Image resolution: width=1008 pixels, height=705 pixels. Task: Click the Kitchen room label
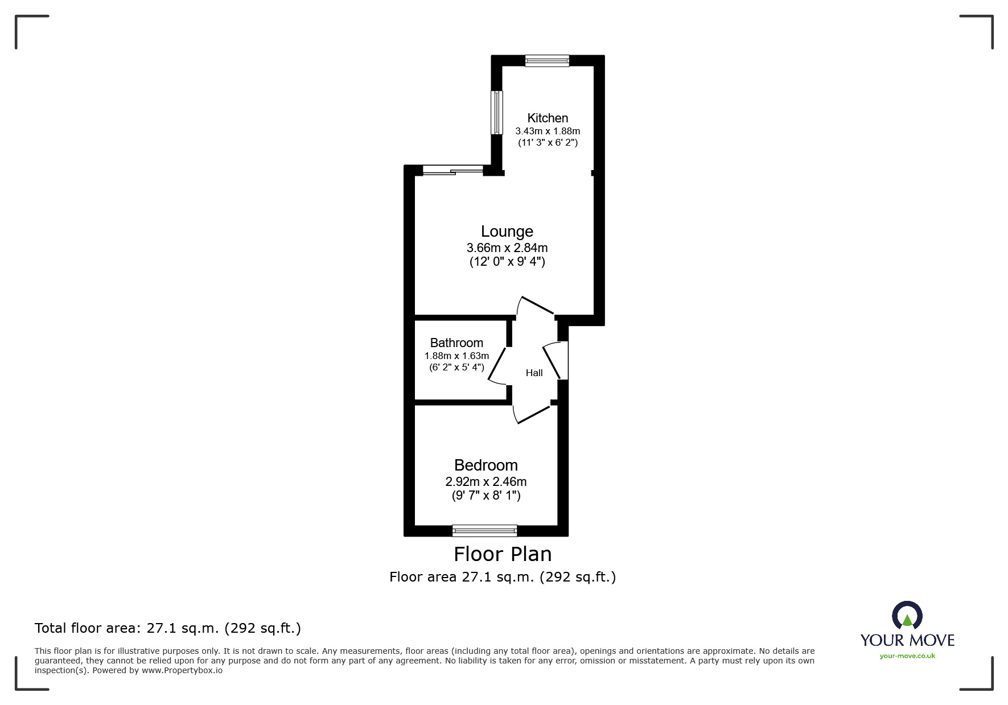pyautogui.click(x=548, y=118)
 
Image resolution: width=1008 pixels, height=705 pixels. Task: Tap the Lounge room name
pyautogui.click(x=507, y=232)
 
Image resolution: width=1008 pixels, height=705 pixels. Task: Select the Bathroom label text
pyautogui.click(x=456, y=343)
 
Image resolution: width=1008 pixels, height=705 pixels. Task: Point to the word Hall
pyautogui.click(x=534, y=373)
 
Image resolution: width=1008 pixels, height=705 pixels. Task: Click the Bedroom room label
pyautogui.click(x=486, y=465)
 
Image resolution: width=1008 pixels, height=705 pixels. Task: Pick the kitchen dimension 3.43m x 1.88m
pyautogui.click(x=548, y=131)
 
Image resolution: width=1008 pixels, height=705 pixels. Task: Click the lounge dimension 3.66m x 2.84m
pyautogui.click(x=507, y=248)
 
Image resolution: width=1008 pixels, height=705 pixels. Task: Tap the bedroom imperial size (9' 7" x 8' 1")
pyautogui.click(x=486, y=496)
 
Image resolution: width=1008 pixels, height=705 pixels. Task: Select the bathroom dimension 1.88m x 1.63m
pyautogui.click(x=456, y=356)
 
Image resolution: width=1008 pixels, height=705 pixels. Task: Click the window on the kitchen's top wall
pyautogui.click(x=547, y=60)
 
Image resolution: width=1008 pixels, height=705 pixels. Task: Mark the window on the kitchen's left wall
pyautogui.click(x=497, y=112)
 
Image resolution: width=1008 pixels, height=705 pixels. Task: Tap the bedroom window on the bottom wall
pyautogui.click(x=484, y=531)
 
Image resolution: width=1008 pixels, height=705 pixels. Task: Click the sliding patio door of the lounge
pyautogui.click(x=453, y=170)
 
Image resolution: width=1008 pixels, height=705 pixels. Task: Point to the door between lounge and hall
pyautogui.click(x=536, y=306)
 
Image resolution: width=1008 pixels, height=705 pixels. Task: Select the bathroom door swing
pyautogui.click(x=497, y=365)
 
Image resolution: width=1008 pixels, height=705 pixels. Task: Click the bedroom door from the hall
pyautogui.click(x=532, y=414)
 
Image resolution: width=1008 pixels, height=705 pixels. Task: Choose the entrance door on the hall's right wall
pyautogui.click(x=555, y=361)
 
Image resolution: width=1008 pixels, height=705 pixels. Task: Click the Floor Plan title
pyautogui.click(x=503, y=554)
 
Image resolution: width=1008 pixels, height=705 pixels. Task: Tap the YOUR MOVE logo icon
pyautogui.click(x=906, y=616)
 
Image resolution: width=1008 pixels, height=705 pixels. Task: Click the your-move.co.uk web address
pyautogui.click(x=907, y=656)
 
